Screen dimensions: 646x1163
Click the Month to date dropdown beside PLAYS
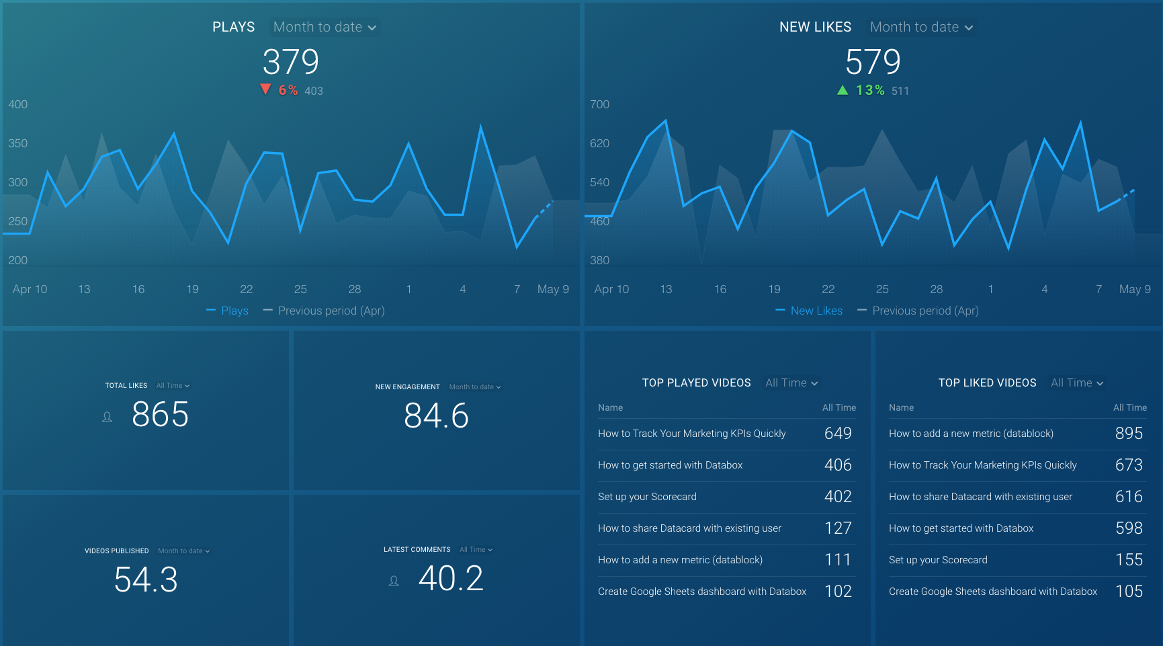[325, 27]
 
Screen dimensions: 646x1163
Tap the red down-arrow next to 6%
[265, 89]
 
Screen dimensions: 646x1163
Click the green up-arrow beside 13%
[843, 90]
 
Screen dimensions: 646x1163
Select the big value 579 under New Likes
[872, 62]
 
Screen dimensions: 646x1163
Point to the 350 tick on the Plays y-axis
[18, 143]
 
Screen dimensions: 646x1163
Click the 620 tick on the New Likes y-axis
[599, 143]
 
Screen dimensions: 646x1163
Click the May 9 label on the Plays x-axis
[552, 289]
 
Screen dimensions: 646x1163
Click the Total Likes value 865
[160, 414]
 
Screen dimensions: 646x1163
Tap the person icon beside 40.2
[394, 581]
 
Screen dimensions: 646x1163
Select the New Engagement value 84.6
[436, 415]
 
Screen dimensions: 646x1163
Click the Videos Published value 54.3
[146, 579]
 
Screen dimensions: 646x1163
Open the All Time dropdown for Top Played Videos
[791, 382]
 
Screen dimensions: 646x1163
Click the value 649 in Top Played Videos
[838, 434]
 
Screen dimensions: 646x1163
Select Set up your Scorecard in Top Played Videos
[647, 497]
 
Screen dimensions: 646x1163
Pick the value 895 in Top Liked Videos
[1129, 434]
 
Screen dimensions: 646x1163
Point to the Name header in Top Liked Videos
[901, 407]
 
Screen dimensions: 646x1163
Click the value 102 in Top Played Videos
[838, 592]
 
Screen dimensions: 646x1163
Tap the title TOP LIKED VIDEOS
[987, 382]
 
